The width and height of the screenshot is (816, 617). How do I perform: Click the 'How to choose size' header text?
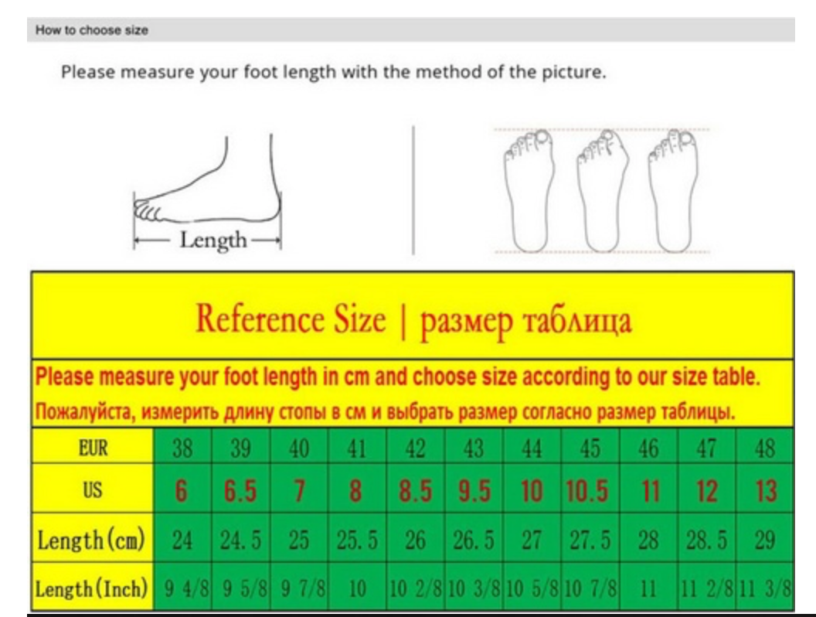tap(92, 30)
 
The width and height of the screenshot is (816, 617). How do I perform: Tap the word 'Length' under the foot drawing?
tap(212, 240)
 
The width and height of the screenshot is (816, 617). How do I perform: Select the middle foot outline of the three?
tap(602, 191)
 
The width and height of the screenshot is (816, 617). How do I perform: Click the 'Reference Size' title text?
tap(291, 319)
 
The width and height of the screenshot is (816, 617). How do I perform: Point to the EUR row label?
tap(93, 448)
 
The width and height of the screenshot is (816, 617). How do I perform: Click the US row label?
tap(93, 490)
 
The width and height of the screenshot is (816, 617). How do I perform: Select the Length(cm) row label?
tap(91, 540)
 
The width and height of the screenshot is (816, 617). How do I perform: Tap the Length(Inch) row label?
tap(92, 589)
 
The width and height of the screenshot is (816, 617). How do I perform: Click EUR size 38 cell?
tap(182, 448)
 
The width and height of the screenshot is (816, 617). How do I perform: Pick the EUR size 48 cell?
tap(764, 448)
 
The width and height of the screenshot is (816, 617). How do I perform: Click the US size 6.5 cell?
tap(240, 490)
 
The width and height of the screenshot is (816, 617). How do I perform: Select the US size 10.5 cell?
tap(590, 490)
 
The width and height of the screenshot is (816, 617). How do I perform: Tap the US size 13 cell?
tap(764, 490)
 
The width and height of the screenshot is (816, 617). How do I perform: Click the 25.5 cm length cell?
tap(357, 540)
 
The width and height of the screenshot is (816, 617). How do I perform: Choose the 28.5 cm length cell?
tap(706, 540)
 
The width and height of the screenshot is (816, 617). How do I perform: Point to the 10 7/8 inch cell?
tap(590, 588)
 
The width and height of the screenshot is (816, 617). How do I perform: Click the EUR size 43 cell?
tap(474, 448)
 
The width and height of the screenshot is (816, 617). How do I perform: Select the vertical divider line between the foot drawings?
tap(413, 190)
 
